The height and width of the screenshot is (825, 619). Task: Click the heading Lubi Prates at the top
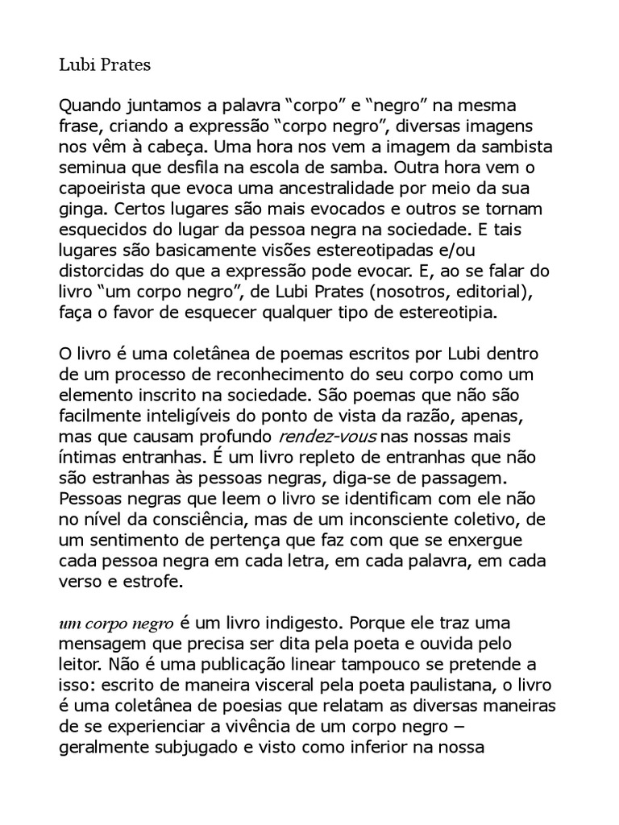point(106,65)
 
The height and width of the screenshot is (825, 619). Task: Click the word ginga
point(79,212)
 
